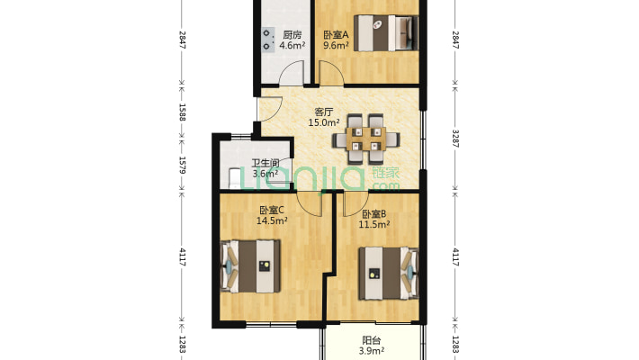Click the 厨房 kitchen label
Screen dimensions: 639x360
[x=292, y=35]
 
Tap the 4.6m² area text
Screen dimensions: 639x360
[x=292, y=45]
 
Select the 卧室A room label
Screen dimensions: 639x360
[x=337, y=35]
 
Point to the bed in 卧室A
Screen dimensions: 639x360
[x=386, y=33]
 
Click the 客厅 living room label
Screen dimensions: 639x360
[x=324, y=112]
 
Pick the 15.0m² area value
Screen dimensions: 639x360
[x=324, y=122]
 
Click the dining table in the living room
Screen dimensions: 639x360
[x=366, y=139]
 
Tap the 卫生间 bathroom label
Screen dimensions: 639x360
[x=265, y=164]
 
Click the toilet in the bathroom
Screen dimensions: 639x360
[x=235, y=178]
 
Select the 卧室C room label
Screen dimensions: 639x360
[x=272, y=211]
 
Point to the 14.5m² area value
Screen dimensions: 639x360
[x=272, y=221]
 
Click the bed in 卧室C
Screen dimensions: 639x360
[x=250, y=266]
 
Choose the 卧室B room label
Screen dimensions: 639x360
[x=374, y=214]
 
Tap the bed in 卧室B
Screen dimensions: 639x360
[x=389, y=274]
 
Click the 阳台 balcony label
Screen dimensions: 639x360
[x=372, y=340]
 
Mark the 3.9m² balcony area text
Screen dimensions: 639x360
[x=372, y=351]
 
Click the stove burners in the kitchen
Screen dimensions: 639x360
[x=267, y=40]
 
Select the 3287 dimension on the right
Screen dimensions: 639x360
[x=455, y=139]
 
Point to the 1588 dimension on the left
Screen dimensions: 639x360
[x=182, y=112]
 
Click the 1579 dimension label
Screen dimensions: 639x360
[x=182, y=165]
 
